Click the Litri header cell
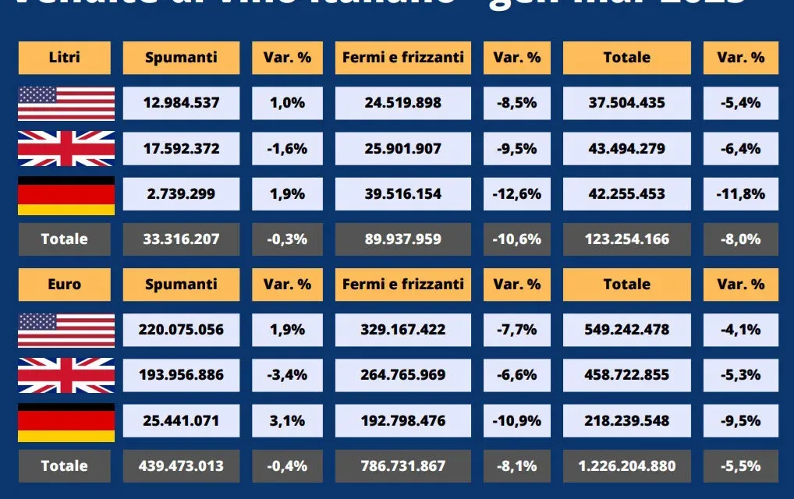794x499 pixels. (x=65, y=57)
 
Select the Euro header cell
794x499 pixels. (x=65, y=285)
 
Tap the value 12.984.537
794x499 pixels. (x=181, y=103)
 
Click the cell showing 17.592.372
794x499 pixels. (x=181, y=148)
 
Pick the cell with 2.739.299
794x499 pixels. (x=181, y=193)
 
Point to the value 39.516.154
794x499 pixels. (x=402, y=193)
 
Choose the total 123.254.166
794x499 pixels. (x=626, y=239)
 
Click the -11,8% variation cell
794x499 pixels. (x=739, y=193)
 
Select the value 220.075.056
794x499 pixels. (x=181, y=330)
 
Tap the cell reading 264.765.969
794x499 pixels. (x=402, y=375)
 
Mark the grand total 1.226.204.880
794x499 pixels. (x=626, y=466)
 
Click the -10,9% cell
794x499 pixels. (x=516, y=420)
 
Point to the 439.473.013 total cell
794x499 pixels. (x=181, y=466)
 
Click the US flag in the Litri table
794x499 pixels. (x=66, y=103)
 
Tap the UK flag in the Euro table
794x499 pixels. (x=66, y=375)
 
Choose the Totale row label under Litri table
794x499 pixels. (x=65, y=239)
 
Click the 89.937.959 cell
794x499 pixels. (x=402, y=239)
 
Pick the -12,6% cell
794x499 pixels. (x=516, y=193)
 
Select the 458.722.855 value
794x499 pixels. (x=626, y=375)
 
